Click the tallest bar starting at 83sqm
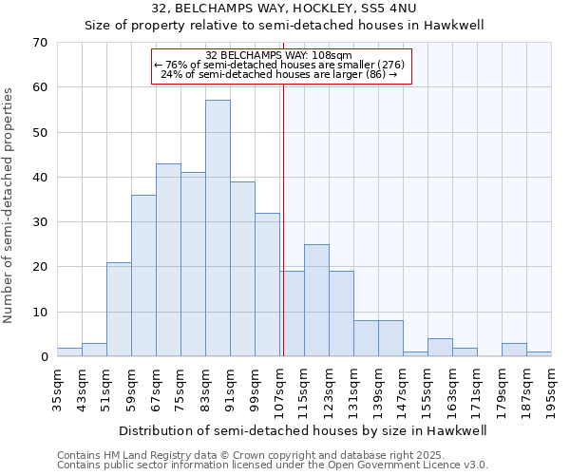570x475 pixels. pos(218,228)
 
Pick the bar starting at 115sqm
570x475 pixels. pos(316,300)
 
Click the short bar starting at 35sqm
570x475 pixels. pos(69,352)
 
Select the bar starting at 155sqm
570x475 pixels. pos(440,348)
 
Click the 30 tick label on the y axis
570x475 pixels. pos(39,222)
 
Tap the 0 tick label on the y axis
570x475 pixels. pos(43,357)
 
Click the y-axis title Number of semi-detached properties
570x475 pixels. pos(9,205)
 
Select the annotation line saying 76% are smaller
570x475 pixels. pos(279,64)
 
